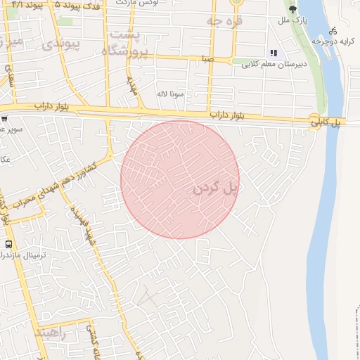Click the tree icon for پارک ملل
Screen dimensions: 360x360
293,10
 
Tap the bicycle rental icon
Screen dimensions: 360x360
333,31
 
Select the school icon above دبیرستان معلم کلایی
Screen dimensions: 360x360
274,53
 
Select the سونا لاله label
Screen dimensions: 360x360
171,94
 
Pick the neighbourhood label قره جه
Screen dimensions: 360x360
224,21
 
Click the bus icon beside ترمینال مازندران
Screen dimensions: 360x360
8,244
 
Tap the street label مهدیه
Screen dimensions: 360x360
131,86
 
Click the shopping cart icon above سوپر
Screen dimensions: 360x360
4,119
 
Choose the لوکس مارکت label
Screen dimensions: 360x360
155,2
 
